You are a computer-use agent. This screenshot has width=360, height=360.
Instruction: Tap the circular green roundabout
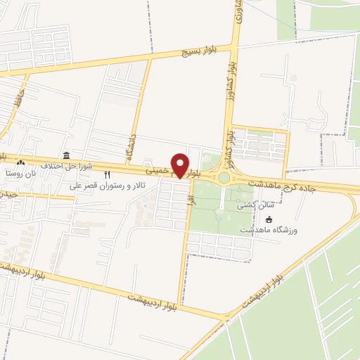point(224,178)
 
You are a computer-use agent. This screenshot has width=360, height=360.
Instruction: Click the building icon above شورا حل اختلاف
point(66,155)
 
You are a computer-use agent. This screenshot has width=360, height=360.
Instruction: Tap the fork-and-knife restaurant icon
point(108,174)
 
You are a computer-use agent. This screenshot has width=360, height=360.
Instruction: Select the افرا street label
point(188,200)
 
